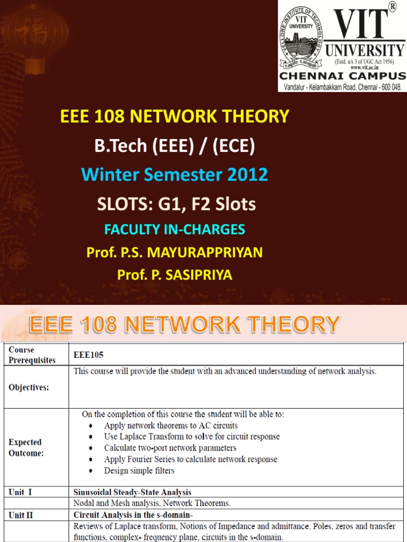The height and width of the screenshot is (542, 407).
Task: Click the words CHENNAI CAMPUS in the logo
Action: pos(342,76)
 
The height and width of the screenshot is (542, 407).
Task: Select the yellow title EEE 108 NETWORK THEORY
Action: pos(175,116)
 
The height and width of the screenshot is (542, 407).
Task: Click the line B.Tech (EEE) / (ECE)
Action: pos(175,146)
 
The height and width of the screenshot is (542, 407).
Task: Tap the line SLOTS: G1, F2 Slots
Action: pos(175,204)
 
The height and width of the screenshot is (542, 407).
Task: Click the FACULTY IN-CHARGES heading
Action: pos(175,229)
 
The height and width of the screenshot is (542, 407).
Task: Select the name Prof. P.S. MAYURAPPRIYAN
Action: pos(175,252)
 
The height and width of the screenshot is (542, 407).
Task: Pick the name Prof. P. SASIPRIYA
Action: pos(175,275)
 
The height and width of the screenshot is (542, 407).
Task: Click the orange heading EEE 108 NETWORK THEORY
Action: pos(184,324)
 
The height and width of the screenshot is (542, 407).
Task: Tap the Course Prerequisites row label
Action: pos(32,355)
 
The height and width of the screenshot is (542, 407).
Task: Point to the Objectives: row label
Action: pos(29,387)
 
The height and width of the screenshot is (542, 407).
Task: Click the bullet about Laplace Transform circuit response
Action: pos(192,437)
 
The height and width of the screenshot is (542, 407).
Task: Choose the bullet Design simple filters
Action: pos(139,471)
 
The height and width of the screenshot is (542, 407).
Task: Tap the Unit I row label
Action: pos(20,492)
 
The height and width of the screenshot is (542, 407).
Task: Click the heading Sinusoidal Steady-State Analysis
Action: pos(132,492)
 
